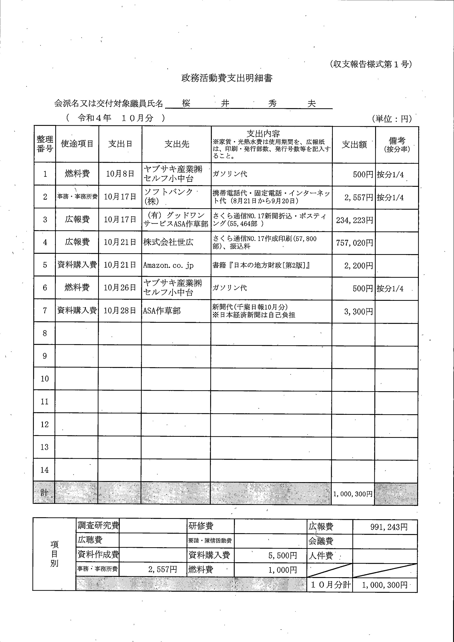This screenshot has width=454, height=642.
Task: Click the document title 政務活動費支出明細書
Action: click(227, 78)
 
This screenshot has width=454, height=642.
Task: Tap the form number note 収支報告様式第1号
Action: click(370, 64)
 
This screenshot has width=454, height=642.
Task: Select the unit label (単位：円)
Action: click(392, 119)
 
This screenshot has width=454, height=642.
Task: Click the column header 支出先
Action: click(177, 144)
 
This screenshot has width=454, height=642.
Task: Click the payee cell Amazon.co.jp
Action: click(168, 265)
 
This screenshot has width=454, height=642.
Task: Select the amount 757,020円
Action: click(355, 243)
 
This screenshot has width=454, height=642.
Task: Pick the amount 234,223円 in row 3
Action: click(355, 220)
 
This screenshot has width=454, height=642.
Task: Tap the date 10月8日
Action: click(120, 174)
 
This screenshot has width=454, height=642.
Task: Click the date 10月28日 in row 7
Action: click(120, 310)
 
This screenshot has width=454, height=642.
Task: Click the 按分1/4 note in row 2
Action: click(390, 198)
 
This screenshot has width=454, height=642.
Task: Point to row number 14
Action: click(45, 470)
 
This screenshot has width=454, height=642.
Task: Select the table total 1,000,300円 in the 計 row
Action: click(353, 494)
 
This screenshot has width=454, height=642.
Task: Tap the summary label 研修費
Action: click(201, 526)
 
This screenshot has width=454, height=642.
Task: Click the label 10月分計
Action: click(330, 584)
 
